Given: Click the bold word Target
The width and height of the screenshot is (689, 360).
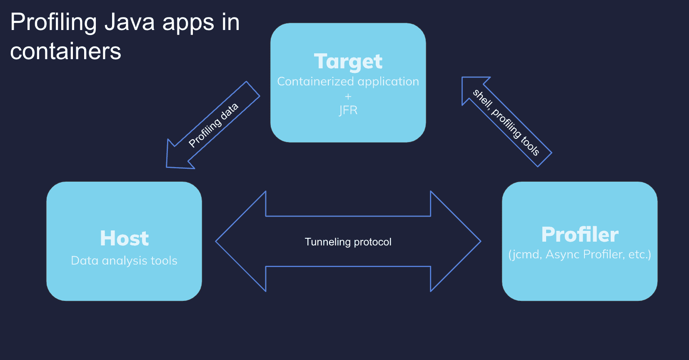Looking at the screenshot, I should [348, 62].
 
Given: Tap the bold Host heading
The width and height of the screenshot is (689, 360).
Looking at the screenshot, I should [124, 238].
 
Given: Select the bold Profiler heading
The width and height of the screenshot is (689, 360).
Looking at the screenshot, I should [579, 235].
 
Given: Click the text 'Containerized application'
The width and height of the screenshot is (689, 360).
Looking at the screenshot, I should [348, 82].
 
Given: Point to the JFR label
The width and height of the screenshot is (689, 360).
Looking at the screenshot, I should [348, 110].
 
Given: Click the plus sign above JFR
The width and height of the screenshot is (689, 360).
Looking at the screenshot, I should [348, 96].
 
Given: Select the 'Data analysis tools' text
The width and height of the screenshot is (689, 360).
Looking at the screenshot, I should [124, 261].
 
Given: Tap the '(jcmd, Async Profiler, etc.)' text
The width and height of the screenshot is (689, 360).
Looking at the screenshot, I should [579, 255].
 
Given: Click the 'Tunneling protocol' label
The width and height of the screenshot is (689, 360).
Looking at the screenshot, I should [348, 242].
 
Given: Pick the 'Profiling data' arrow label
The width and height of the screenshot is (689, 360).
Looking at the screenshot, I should [213, 125].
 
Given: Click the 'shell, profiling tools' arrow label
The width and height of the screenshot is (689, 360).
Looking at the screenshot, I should [506, 122].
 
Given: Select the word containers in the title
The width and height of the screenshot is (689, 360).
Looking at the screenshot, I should [65, 52].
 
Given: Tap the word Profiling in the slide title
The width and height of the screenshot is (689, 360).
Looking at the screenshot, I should [53, 23].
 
